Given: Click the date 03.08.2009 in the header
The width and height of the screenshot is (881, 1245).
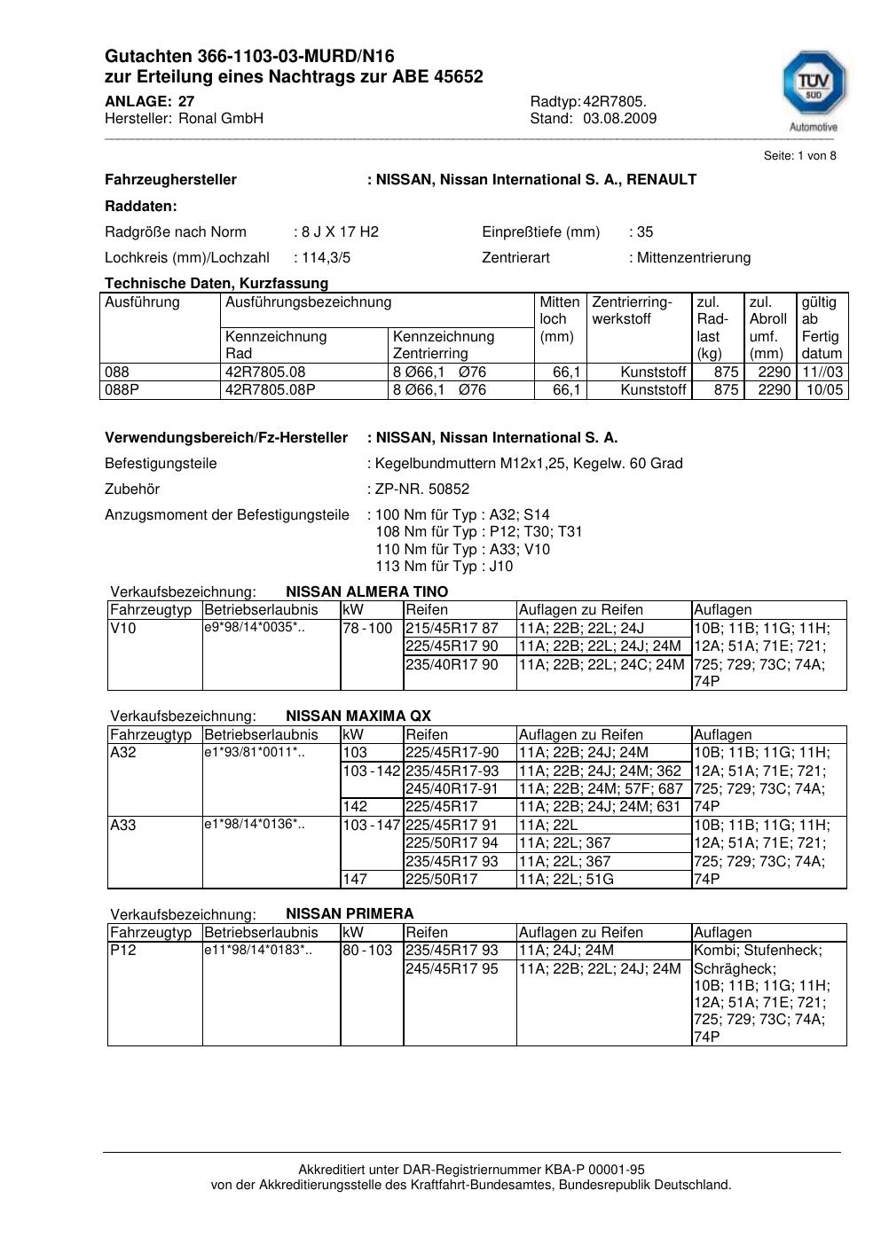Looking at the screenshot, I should coord(619,119).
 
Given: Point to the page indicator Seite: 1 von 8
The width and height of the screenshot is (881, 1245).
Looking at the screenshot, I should coord(799,156).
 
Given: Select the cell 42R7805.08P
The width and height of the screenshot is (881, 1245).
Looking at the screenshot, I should coord(271,390).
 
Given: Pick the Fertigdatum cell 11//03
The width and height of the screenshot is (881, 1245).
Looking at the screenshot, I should coord(822,372).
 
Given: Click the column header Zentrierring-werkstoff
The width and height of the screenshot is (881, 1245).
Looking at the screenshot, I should coord(632,310).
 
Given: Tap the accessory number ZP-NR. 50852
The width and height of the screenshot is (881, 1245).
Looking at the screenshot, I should coord(422,489).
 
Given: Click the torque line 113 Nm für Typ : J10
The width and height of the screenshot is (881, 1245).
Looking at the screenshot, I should coord(444,567).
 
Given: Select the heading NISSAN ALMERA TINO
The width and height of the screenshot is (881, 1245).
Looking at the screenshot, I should coord(366,591).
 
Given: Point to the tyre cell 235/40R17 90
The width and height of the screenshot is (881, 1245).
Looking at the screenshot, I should coord(452,664).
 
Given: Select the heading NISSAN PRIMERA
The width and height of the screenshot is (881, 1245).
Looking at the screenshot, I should coord(350,913).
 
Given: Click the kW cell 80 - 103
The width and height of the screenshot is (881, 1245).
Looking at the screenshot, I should coord(367,951).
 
